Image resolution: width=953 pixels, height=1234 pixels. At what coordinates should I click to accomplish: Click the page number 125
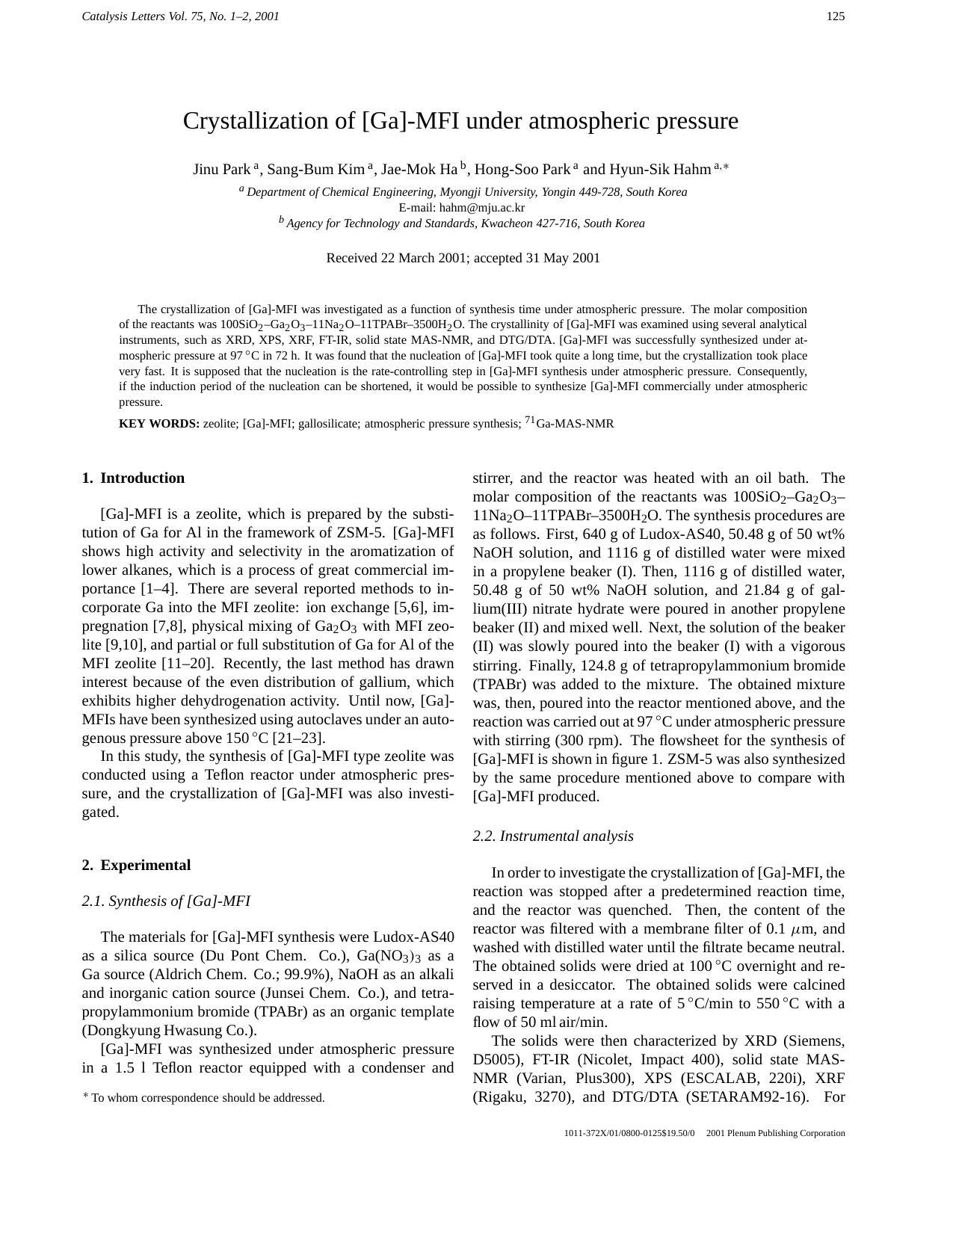pos(836,16)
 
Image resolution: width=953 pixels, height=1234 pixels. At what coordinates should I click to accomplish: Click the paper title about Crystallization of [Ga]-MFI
pos(460,121)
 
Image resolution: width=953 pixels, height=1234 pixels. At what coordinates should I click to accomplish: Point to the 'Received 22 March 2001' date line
pos(463,259)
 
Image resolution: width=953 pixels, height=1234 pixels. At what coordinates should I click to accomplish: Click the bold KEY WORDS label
pos(159,425)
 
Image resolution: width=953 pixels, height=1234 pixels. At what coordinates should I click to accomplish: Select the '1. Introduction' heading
pos(133,478)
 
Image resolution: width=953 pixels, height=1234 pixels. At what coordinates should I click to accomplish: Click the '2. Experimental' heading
pos(136,866)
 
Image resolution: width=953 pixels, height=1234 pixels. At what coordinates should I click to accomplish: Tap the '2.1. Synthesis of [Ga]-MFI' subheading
pos(166,901)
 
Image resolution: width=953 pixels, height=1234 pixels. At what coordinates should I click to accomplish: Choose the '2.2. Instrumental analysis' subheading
pos(553,836)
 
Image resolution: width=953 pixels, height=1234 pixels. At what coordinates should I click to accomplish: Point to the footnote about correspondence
pos(204,1098)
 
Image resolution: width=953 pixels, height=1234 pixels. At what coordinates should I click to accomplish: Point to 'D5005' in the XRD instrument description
pos(496,1060)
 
